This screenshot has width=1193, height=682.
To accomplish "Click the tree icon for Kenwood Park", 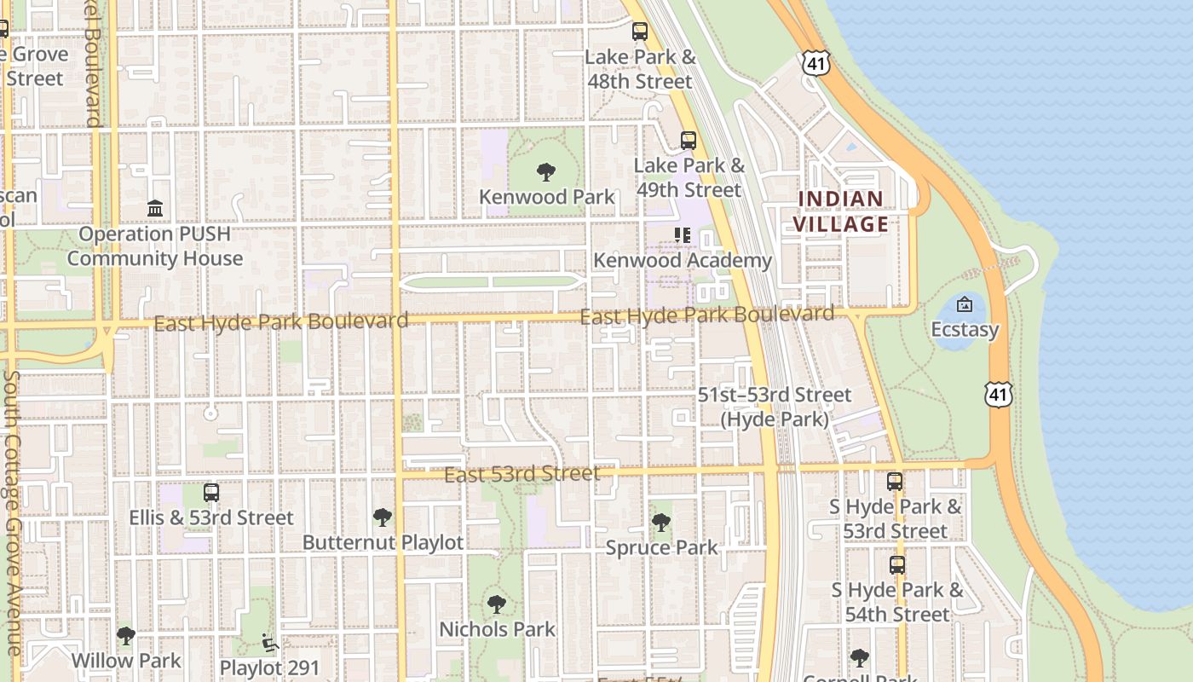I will [x=546, y=172].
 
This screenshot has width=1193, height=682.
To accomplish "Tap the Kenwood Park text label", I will [x=546, y=197].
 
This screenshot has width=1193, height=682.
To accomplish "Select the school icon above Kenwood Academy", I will [x=682, y=234].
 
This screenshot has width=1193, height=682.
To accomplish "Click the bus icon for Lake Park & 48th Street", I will [x=639, y=32].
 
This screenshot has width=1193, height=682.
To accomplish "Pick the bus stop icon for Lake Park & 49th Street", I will [x=688, y=141].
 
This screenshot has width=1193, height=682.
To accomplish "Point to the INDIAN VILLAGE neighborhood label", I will [x=841, y=211].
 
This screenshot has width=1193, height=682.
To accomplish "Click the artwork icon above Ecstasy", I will [x=964, y=304].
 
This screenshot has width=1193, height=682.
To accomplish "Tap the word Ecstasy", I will [x=964, y=329].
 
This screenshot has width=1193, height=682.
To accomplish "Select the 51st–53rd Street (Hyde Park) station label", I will [x=774, y=407].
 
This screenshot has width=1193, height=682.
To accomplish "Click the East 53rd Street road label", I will [x=522, y=474].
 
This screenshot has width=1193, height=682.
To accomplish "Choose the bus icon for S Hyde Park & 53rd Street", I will [x=895, y=482].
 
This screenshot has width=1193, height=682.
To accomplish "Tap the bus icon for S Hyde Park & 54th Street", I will [x=896, y=564].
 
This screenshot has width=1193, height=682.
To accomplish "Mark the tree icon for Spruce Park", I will [x=660, y=523].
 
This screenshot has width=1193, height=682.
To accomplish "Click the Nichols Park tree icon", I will [x=496, y=604].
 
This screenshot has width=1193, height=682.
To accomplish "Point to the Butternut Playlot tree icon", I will [x=383, y=517].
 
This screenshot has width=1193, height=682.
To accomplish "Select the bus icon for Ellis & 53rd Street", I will [x=210, y=493].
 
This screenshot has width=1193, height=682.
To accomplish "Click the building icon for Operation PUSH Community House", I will [x=154, y=209].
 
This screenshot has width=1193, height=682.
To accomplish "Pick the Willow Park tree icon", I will [x=126, y=636].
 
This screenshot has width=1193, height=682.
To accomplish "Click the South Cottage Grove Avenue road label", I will [x=12, y=511].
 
